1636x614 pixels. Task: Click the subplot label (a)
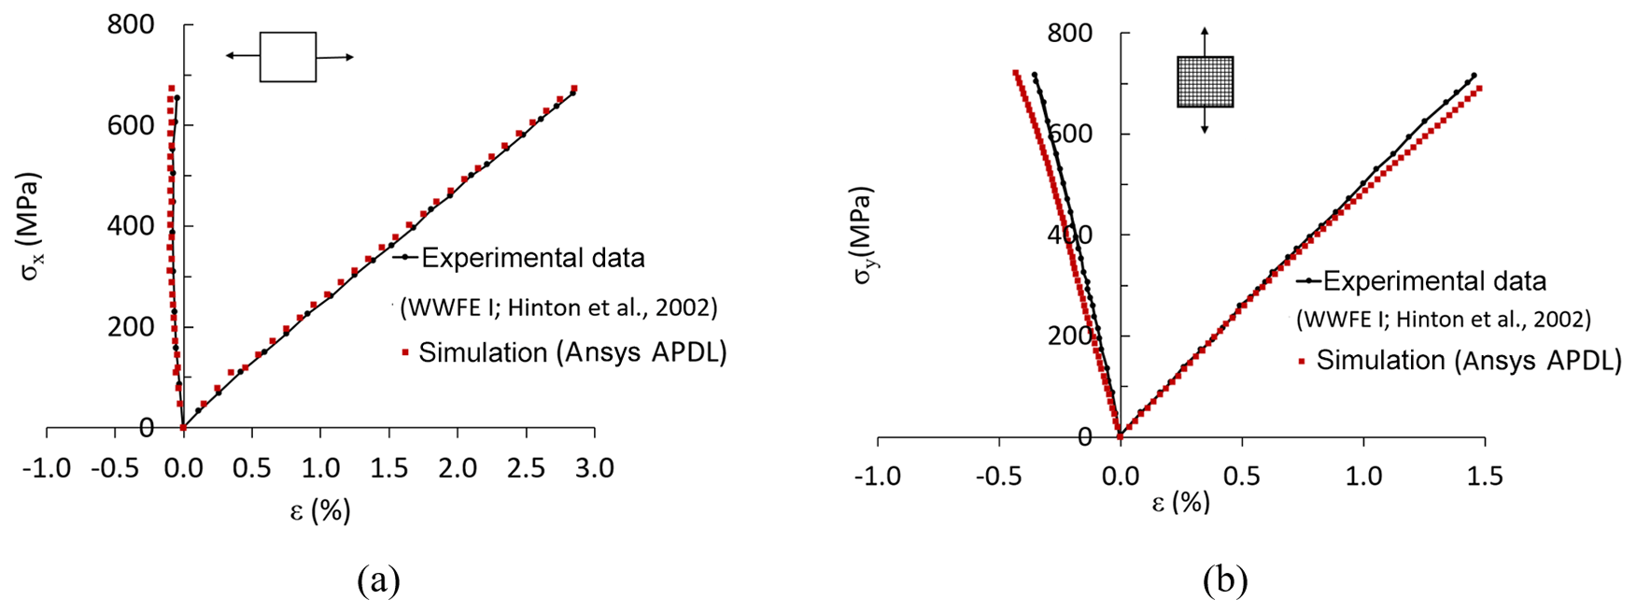click(378, 580)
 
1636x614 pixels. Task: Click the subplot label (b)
click(1225, 581)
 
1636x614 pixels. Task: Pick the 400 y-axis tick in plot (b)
click(1070, 235)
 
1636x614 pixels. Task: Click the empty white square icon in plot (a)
click(288, 57)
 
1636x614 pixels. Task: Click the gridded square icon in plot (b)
click(1205, 82)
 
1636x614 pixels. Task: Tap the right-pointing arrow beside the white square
click(336, 58)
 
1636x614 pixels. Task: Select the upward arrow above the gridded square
click(1205, 41)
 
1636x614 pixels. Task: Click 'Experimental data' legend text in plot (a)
click(532, 258)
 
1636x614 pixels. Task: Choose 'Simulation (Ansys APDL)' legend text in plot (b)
click(1468, 361)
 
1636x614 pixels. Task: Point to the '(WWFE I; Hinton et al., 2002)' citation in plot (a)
click(558, 307)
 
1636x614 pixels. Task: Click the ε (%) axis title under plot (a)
click(319, 510)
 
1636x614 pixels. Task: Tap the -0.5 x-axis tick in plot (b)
click(997, 477)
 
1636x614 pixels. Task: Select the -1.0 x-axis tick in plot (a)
click(46, 467)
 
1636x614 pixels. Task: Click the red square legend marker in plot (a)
click(405, 352)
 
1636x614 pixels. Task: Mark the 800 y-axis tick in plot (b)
click(1070, 33)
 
